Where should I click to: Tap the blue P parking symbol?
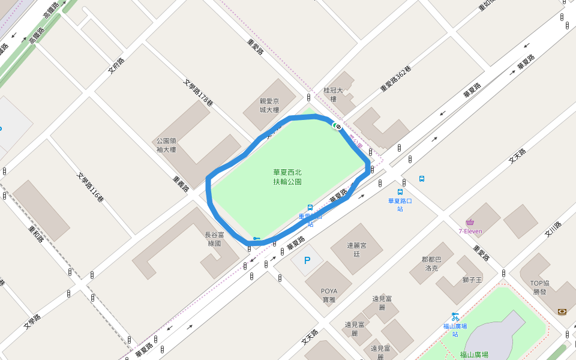pos(307,261)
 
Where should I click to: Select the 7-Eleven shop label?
pos(470,231)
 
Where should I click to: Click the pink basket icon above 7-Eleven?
pos(470,223)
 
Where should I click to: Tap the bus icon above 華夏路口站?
pos(400,193)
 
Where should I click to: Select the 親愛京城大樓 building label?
pos(269,105)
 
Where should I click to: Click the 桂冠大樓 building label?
pos(333,94)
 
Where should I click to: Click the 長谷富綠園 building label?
pos(214,239)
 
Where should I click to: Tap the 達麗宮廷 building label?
pos(356,249)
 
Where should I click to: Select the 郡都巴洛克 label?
pos(431,263)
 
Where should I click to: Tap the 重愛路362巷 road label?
pos(396,79)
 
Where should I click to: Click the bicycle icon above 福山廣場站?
pos(455,316)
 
